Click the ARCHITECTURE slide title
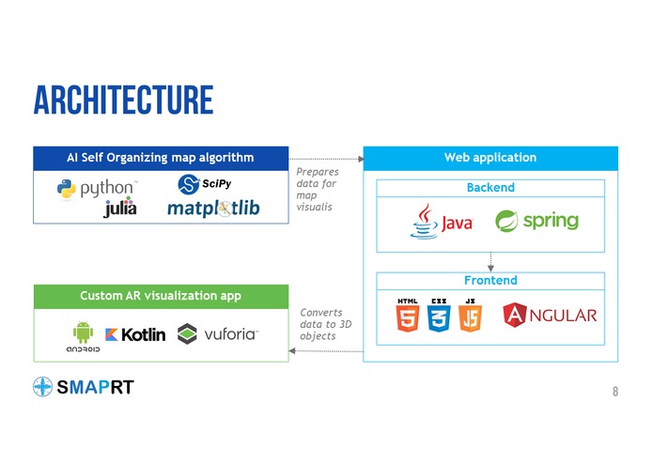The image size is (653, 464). (123, 100)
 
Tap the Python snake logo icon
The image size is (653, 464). (66, 189)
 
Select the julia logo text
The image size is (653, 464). (120, 207)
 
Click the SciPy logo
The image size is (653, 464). (205, 184)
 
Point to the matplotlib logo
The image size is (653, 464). (213, 209)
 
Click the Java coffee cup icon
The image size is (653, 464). (424, 221)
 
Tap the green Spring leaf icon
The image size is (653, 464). (506, 221)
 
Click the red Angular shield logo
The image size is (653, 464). (515, 315)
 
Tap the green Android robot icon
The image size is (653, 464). (84, 333)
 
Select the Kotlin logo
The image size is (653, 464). (135, 334)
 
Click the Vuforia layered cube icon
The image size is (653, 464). (187, 333)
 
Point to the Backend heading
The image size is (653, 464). (490, 188)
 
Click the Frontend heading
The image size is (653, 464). (490, 281)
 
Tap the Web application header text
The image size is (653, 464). (490, 158)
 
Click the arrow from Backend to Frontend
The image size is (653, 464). (490, 262)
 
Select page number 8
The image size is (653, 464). (615, 391)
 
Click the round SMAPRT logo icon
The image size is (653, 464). (42, 387)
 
